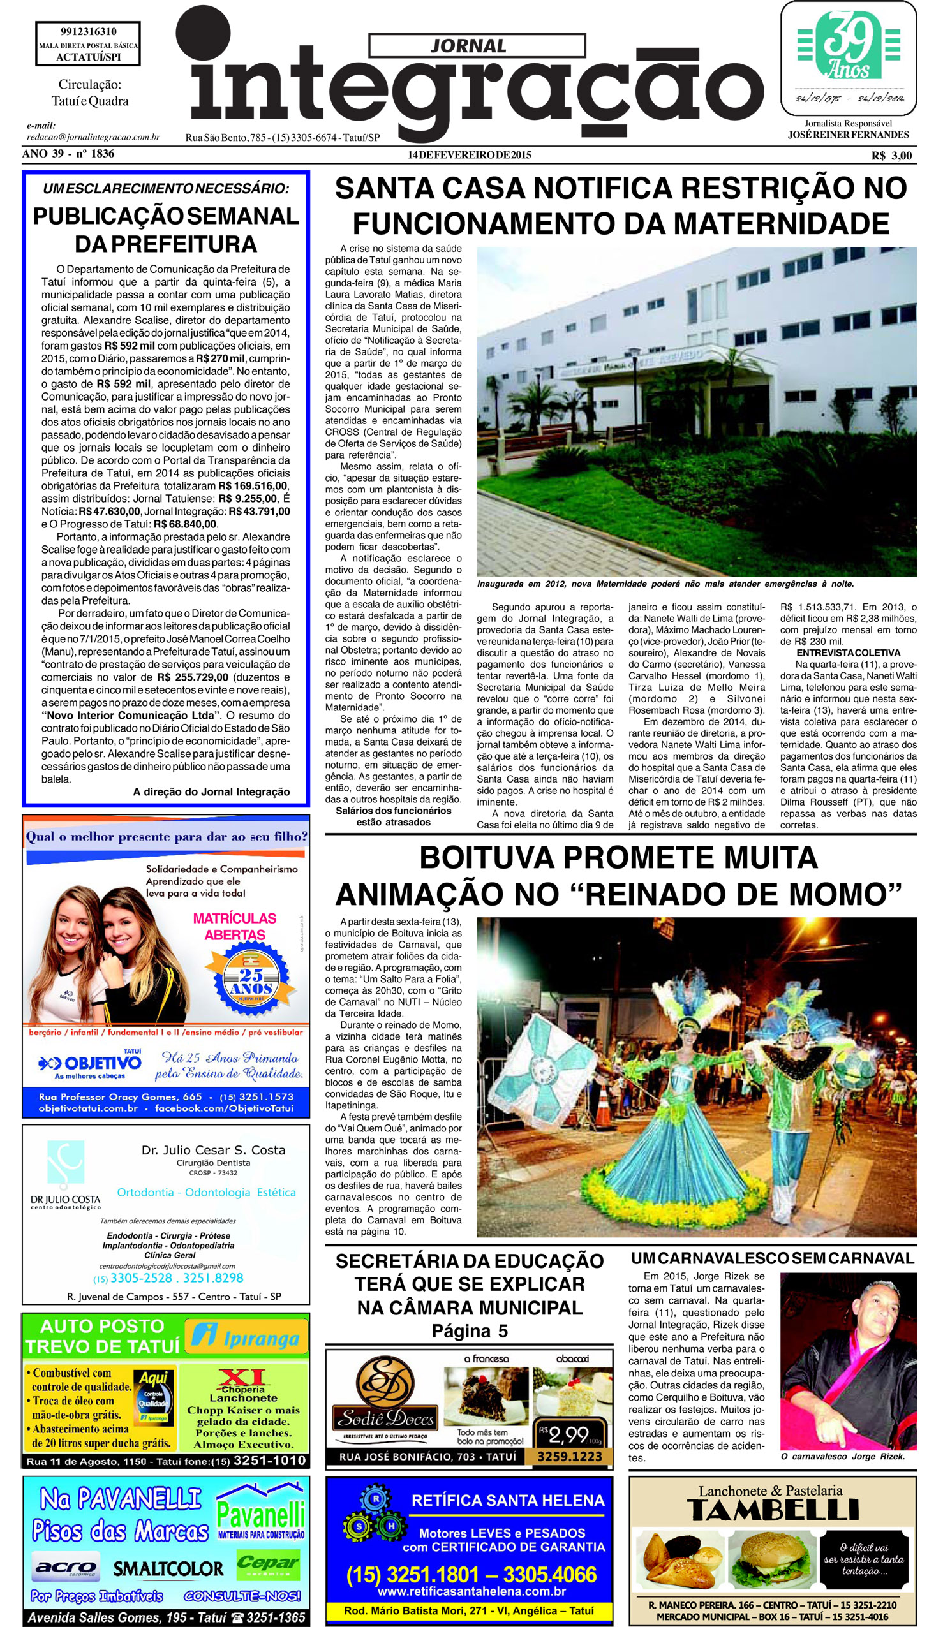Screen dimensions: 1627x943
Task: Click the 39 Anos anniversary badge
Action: (x=847, y=47)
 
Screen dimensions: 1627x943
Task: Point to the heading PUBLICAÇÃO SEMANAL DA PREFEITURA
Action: (x=166, y=230)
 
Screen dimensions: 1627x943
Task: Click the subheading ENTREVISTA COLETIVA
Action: (x=848, y=652)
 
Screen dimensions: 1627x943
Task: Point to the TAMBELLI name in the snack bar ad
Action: (x=773, y=1510)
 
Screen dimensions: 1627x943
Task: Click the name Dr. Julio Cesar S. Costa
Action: (x=213, y=1150)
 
